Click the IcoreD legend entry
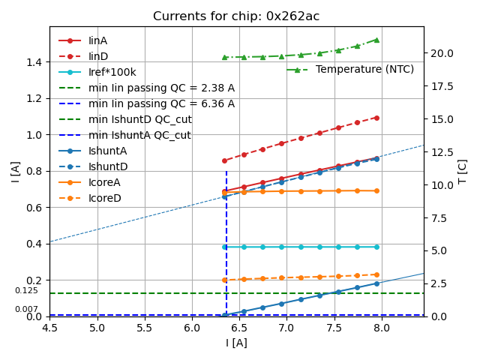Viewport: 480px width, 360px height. [x=104, y=198]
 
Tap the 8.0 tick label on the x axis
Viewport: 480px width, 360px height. [x=381, y=328]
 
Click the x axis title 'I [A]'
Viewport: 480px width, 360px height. [x=236, y=343]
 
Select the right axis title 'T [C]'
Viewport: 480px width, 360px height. [x=463, y=171]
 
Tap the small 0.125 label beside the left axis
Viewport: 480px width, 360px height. [x=26, y=290]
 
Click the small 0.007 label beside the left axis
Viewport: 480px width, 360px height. [x=26, y=309]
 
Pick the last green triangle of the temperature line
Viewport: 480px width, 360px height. [x=376, y=40]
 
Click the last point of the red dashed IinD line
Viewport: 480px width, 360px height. [x=376, y=118]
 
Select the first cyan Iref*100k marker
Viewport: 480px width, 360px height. [x=224, y=247]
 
